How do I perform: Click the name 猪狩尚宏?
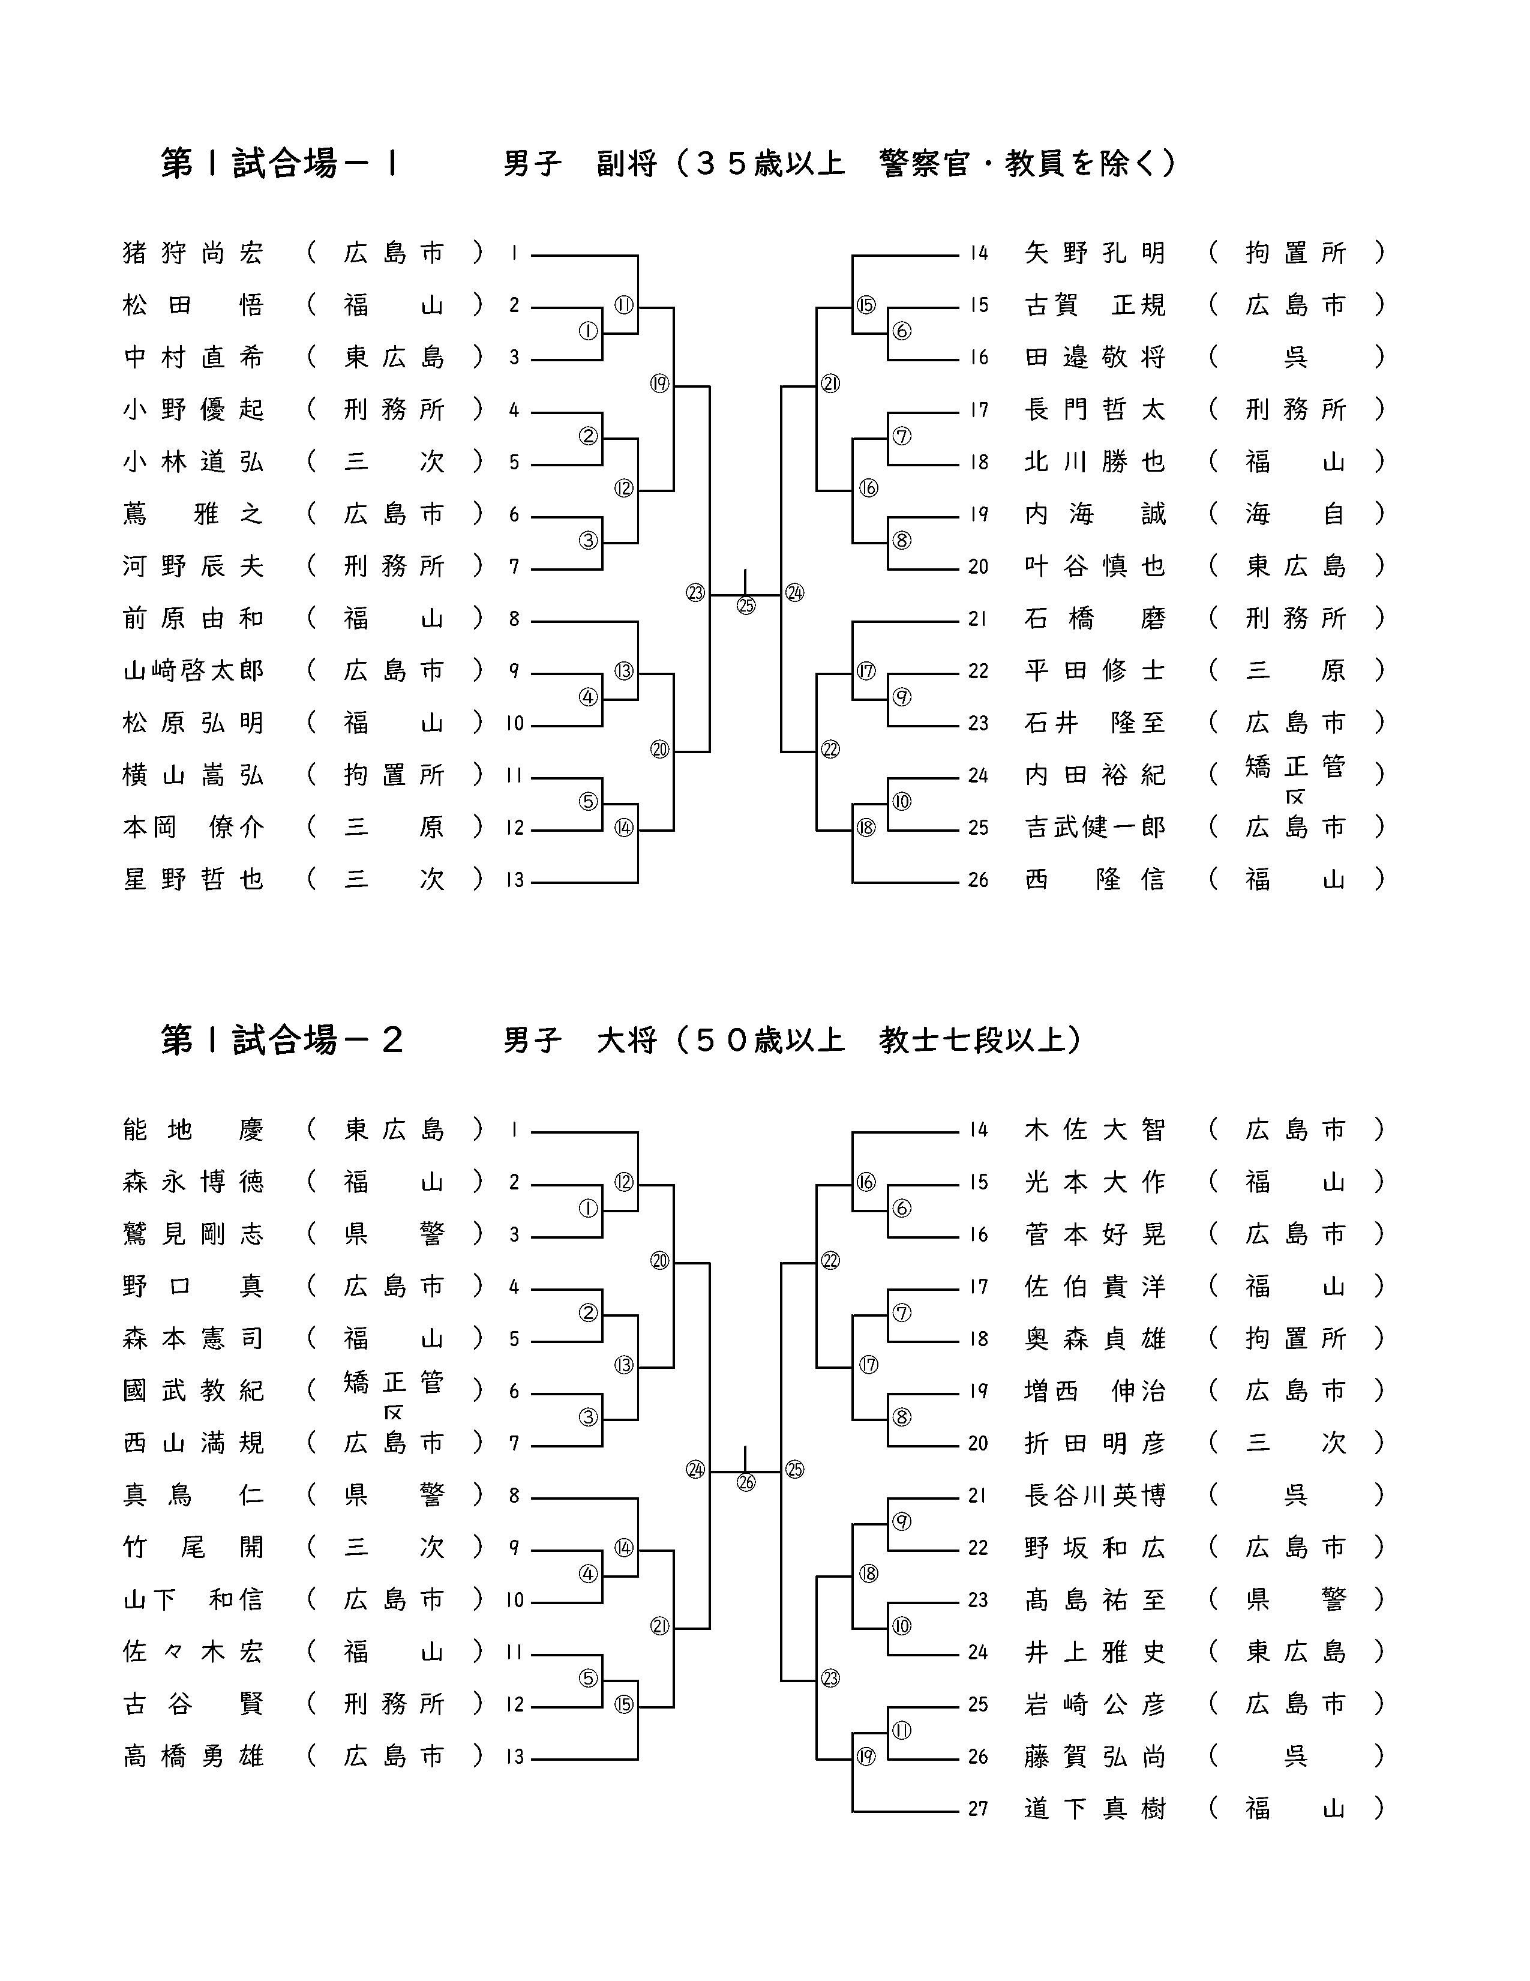pyautogui.click(x=193, y=253)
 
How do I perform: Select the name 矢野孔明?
pyautogui.click(x=1094, y=253)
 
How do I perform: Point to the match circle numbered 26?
pyautogui.click(x=746, y=1483)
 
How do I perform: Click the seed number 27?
pyautogui.click(x=977, y=1809)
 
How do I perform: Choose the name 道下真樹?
pyautogui.click(x=1094, y=1809)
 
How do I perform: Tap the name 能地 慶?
pyautogui.click(x=193, y=1130)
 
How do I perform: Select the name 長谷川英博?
pyautogui.click(x=1094, y=1495)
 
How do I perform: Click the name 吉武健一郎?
pyautogui.click(x=1094, y=827)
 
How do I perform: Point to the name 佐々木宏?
pyautogui.click(x=193, y=1652)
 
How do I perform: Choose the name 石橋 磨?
pyautogui.click(x=1094, y=619)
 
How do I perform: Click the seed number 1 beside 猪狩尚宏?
pyautogui.click(x=514, y=253)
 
